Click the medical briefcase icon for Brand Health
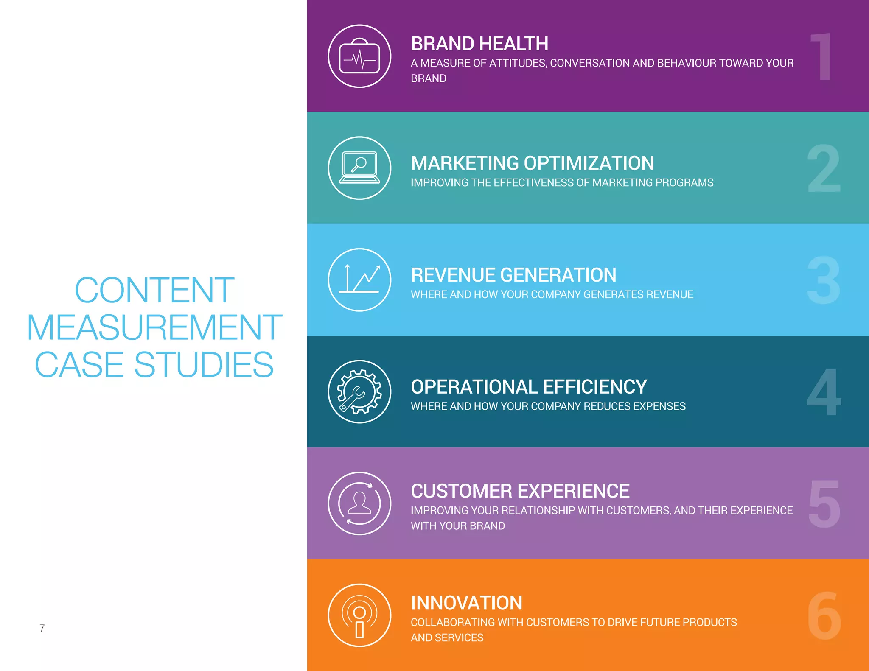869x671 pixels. click(359, 56)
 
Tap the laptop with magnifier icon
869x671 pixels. click(359, 168)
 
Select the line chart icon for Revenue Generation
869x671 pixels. click(359, 280)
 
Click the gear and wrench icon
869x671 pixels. click(359, 391)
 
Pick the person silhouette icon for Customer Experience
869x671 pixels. click(359, 503)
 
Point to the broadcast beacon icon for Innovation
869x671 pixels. click(359, 615)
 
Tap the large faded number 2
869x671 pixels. click(824, 168)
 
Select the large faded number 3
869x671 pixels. click(824, 280)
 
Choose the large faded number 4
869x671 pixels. click(824, 391)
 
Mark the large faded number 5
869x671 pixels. click(824, 503)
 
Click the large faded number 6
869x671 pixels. click(824, 615)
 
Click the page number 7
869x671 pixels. click(42, 628)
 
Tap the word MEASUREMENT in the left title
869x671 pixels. click(154, 327)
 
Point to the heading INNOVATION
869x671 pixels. click(466, 603)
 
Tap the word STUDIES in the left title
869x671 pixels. click(204, 364)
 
